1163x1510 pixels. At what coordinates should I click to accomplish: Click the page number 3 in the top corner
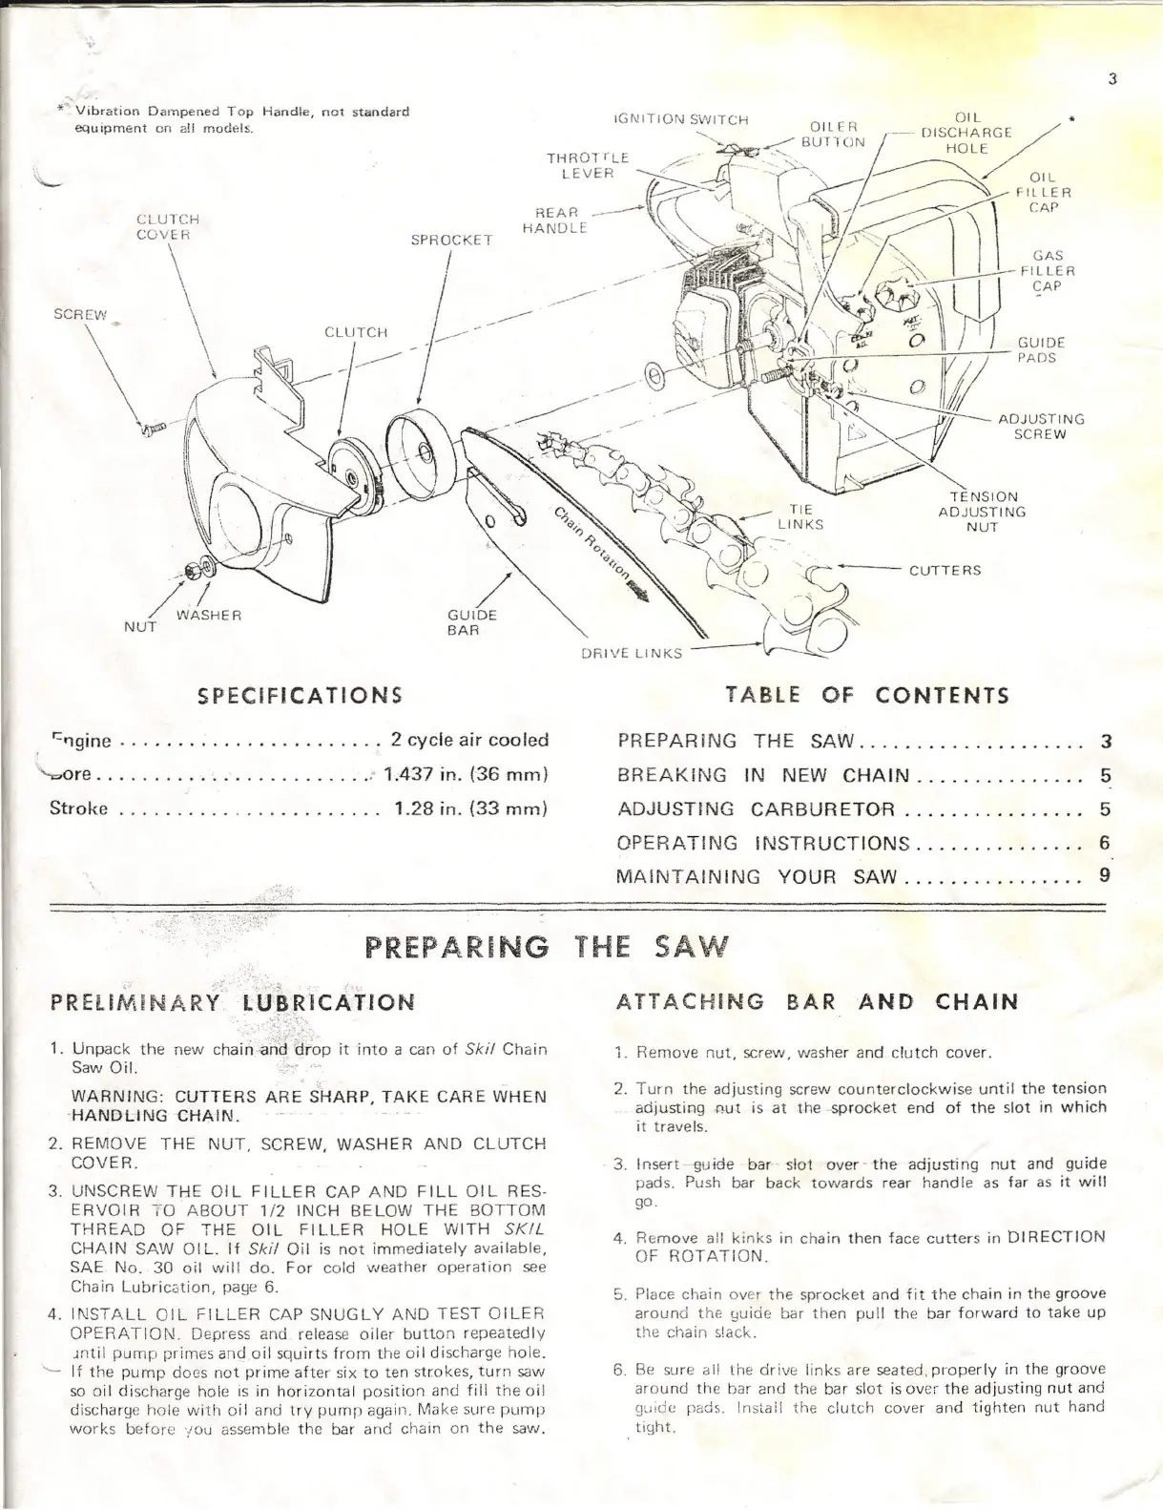1112,79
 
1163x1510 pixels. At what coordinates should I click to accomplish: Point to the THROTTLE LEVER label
587,164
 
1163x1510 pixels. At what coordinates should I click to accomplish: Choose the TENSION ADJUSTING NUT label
982,512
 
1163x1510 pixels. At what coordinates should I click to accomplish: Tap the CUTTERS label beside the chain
945,571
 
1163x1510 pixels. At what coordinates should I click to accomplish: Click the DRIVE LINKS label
632,654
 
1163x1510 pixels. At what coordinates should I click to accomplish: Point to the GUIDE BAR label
472,622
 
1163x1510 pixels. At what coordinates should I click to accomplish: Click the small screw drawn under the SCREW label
150,430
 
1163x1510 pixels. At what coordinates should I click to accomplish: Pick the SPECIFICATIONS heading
299,694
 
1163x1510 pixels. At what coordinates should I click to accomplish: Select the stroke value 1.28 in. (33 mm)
469,808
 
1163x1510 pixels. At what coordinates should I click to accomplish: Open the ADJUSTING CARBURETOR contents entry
757,809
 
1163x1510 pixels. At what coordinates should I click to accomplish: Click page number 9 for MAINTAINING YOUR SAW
1105,875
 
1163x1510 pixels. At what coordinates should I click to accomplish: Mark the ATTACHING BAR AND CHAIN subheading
818,1001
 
